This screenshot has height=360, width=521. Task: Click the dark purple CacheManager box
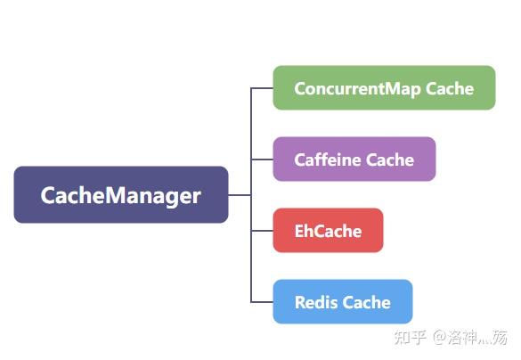(x=121, y=194)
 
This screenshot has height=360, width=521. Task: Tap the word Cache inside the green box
(x=450, y=88)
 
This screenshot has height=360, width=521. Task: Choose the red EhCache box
(x=328, y=231)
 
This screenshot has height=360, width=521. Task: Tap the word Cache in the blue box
(x=367, y=302)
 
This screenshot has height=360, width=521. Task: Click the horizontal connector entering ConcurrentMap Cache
(x=262, y=88)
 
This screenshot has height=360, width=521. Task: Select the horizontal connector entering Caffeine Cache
(x=262, y=160)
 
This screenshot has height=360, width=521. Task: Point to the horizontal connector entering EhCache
(x=262, y=231)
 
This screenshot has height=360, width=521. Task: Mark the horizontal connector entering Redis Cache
(x=262, y=302)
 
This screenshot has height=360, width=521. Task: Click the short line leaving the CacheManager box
(x=240, y=194)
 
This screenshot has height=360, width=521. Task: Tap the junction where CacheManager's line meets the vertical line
(x=251, y=194)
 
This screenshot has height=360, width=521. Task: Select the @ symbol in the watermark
(x=440, y=338)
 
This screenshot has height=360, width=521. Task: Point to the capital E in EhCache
(x=300, y=231)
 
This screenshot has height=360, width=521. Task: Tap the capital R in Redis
(x=300, y=302)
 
